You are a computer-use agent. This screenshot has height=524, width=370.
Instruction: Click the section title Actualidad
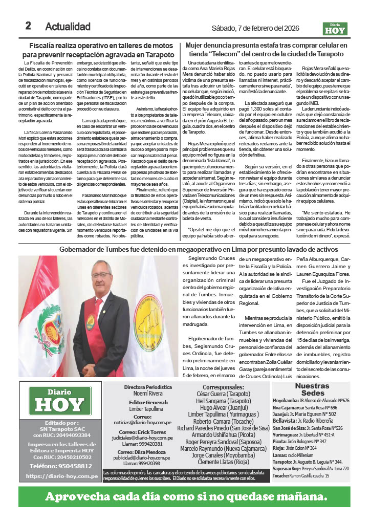tap(68, 27)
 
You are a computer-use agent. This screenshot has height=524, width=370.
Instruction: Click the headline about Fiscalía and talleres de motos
tap(101, 50)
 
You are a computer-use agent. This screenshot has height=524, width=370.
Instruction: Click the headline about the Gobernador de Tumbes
tap(191, 249)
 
